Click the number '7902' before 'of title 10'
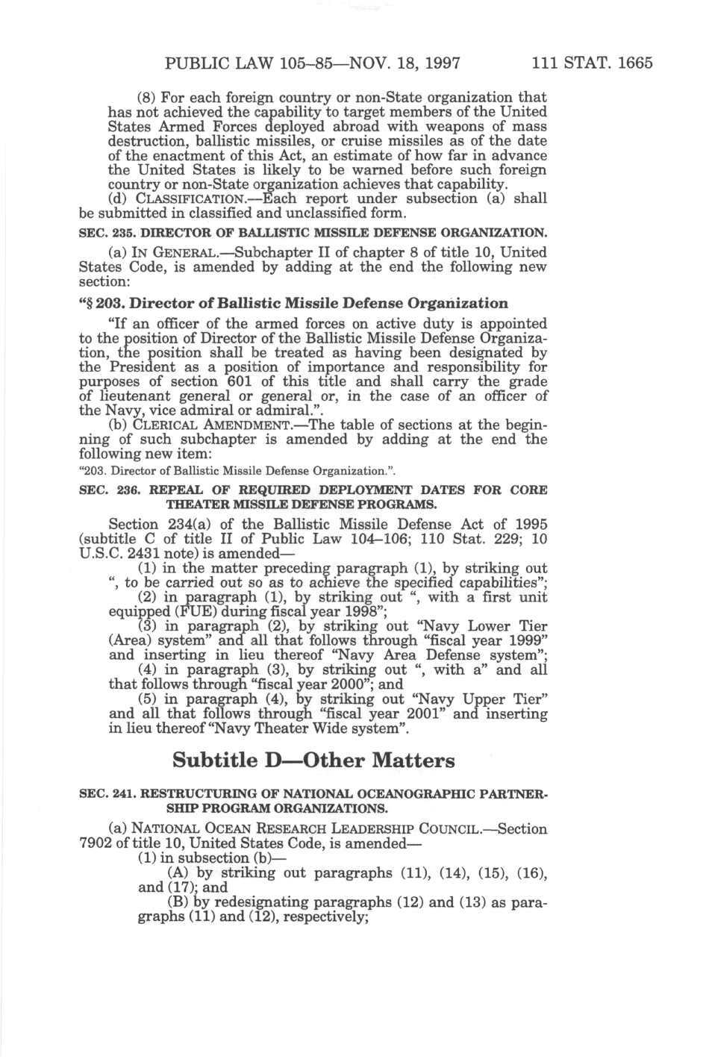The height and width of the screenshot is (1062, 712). [x=96, y=843]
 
